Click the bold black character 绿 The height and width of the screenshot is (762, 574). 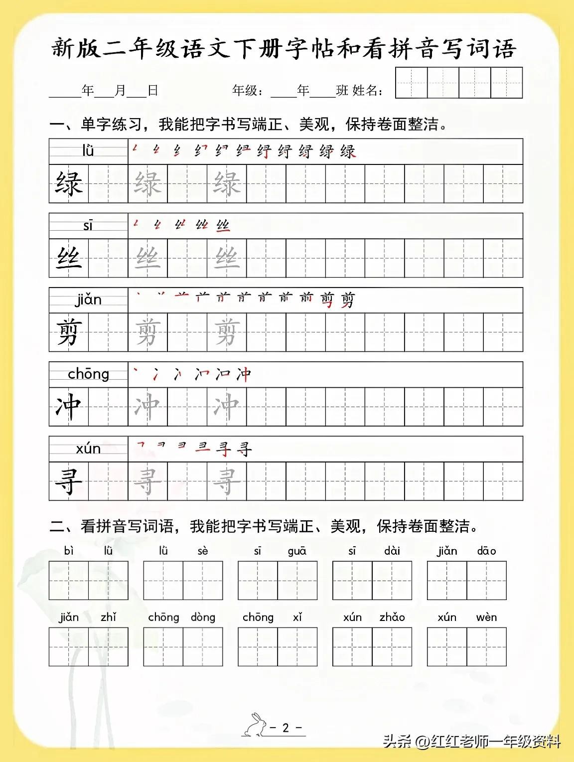(69, 183)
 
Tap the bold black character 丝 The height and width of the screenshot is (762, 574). (69, 258)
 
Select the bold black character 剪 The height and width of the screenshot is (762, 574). (69, 332)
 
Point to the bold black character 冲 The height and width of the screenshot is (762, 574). (69, 407)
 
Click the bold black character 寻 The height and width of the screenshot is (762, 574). (69, 481)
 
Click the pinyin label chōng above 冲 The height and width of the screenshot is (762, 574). (88, 374)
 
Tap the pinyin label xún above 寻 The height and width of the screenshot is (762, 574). (88, 449)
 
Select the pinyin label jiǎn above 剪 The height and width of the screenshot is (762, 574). (88, 300)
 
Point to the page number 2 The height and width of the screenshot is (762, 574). (286, 728)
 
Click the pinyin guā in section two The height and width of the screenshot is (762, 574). (297, 551)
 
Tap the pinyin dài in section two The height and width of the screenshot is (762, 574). (392, 551)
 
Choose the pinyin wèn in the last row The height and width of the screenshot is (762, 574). (486, 617)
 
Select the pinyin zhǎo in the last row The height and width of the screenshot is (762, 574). (392, 617)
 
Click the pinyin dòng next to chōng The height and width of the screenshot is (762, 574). (203, 617)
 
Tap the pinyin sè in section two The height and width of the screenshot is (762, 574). (203, 551)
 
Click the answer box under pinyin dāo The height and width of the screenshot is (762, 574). (486, 580)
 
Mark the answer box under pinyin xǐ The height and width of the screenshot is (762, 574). (297, 646)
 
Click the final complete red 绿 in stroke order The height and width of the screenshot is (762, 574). (348, 152)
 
